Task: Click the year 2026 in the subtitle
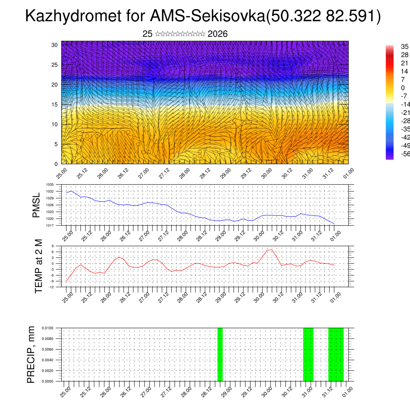coord(218,34)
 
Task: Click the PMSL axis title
coord(36,205)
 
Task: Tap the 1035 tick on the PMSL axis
coord(50,185)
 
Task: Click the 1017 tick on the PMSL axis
coord(50,225)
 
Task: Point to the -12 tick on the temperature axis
coord(52,287)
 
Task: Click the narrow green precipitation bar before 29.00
coord(220,354)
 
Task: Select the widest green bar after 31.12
coord(336,354)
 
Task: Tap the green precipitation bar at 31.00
coord(308,354)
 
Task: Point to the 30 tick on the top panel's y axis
coord(55,45)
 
